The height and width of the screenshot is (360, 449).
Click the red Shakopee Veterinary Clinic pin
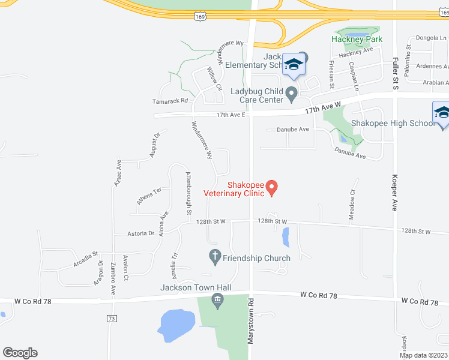tap(271, 188)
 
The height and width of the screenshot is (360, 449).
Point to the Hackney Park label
tap(357, 39)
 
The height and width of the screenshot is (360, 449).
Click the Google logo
tap(20, 353)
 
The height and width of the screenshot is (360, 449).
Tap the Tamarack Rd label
tap(170, 101)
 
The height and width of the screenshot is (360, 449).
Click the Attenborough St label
tap(188, 193)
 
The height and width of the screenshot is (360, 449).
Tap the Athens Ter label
tap(149, 196)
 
